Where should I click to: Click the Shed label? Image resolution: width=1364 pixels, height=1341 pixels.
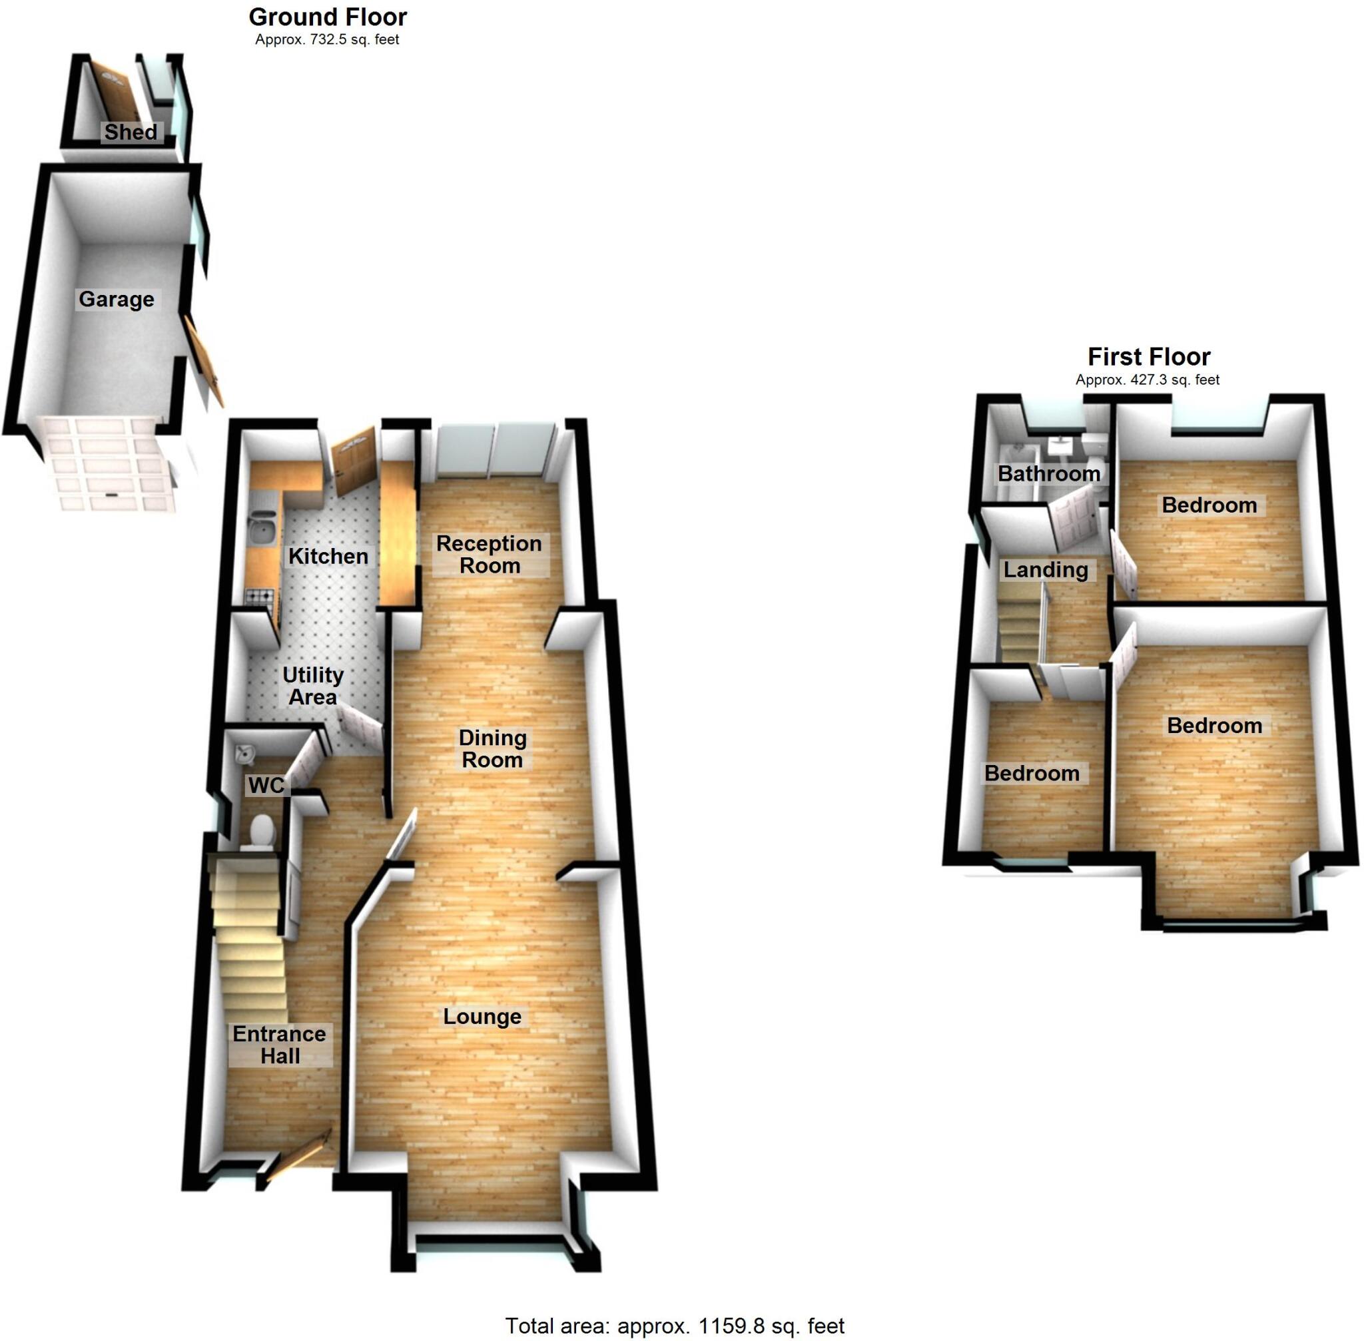click(131, 132)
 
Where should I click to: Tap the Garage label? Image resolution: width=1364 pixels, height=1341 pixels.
click(117, 300)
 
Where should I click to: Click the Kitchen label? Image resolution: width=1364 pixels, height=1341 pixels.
click(328, 557)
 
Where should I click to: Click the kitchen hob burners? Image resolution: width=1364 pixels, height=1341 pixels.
click(258, 597)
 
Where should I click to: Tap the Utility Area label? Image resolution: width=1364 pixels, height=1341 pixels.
click(313, 686)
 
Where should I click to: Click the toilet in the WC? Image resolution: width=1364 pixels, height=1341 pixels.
click(260, 832)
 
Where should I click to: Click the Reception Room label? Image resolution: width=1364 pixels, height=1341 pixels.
click(489, 554)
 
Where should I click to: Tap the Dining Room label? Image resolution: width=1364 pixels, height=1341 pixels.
click(492, 748)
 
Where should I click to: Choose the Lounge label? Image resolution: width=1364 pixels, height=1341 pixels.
click(483, 1016)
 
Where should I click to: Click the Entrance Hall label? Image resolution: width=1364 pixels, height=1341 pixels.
click(280, 1045)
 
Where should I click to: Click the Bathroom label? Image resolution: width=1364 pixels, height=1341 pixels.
click(1048, 473)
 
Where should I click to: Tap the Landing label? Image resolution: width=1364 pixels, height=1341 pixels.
click(1046, 570)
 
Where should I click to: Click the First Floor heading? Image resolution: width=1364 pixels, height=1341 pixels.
click(1148, 357)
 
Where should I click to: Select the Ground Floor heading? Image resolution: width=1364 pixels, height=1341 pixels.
click(328, 17)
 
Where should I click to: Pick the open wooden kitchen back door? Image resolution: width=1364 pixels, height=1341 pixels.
click(354, 460)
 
